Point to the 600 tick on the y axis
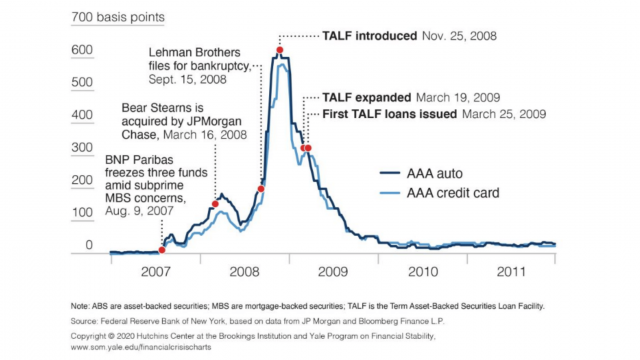[x=81, y=50]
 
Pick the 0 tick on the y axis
[x=89, y=245]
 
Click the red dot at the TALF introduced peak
[x=279, y=49]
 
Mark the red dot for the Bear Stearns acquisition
[x=215, y=204]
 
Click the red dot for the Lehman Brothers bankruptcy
[x=261, y=188]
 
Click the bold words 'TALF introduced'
[x=369, y=36]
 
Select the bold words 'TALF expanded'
[x=367, y=98]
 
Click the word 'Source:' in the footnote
[x=86, y=321]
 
